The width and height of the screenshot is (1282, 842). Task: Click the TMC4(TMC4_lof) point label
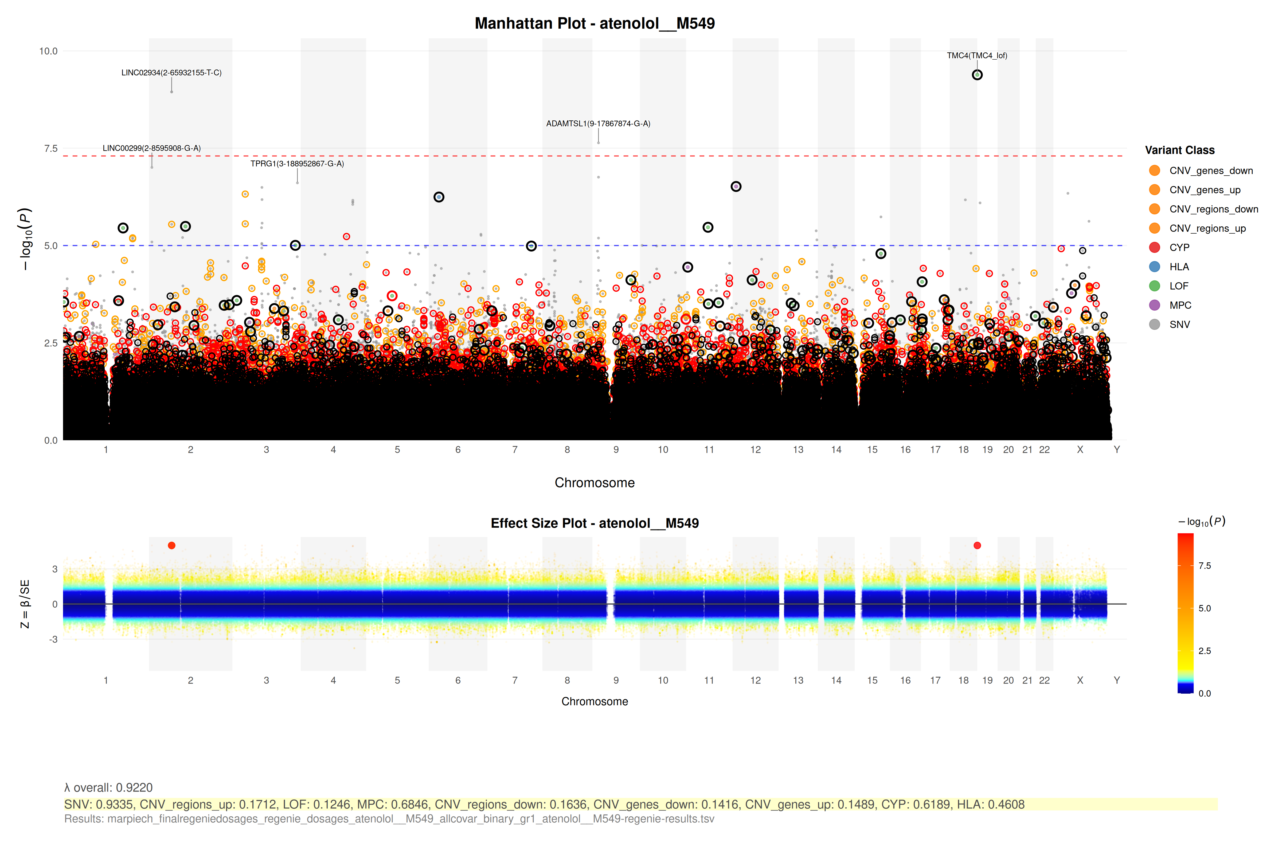pyautogui.click(x=976, y=56)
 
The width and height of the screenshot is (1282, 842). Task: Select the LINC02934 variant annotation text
pyautogui.click(x=171, y=73)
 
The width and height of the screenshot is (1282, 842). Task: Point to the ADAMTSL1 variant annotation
pyautogui.click(x=598, y=123)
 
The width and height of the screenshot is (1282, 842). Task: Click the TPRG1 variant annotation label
pyautogui.click(x=297, y=163)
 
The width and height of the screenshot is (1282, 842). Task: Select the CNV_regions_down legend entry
pyautogui.click(x=1213, y=209)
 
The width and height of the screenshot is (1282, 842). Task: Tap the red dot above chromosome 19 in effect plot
pyautogui.click(x=977, y=546)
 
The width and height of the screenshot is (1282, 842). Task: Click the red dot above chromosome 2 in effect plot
pyautogui.click(x=171, y=546)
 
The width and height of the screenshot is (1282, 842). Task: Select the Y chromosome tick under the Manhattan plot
pyautogui.click(x=1117, y=450)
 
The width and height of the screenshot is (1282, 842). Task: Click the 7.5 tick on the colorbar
pyautogui.click(x=1205, y=565)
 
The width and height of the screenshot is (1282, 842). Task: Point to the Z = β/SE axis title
pyautogui.click(x=25, y=604)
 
